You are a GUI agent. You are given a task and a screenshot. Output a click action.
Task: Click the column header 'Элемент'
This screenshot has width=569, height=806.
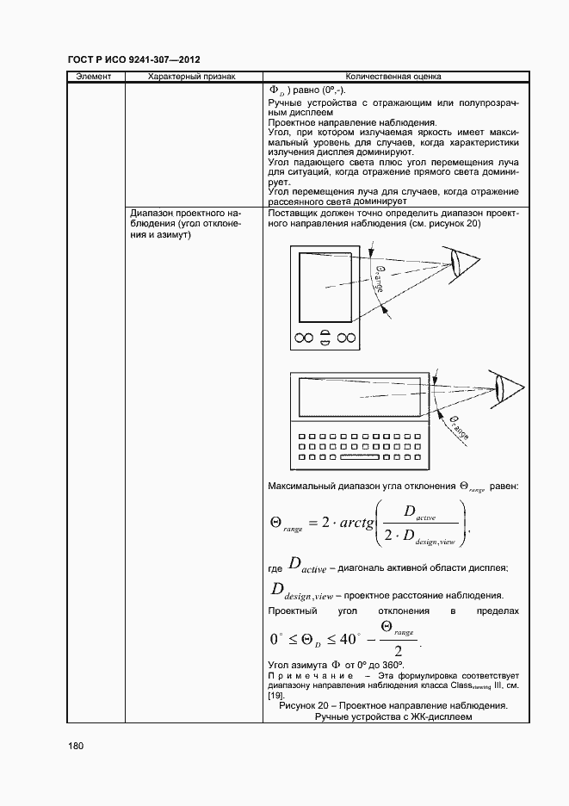click(x=94, y=77)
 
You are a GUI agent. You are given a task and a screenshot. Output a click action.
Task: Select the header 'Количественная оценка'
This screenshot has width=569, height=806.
click(x=393, y=77)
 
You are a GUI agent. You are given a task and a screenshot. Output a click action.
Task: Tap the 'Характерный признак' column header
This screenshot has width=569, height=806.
click(x=191, y=77)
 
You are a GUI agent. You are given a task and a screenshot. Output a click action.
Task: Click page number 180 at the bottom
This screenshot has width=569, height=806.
click(x=75, y=746)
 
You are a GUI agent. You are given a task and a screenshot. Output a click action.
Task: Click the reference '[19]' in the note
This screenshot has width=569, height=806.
click(x=275, y=695)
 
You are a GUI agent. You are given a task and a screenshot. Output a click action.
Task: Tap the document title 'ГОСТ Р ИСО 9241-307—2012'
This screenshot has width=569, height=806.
click(x=133, y=59)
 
